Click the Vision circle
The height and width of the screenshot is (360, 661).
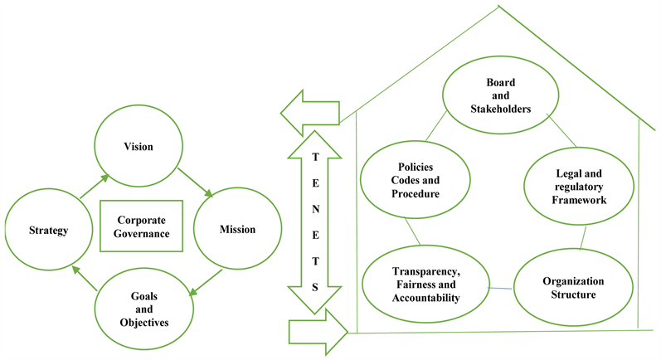pos(143,147)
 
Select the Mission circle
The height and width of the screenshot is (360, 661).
pos(237,229)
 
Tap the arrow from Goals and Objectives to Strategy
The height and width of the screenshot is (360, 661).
pos(85,278)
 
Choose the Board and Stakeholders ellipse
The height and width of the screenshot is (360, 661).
pos(497,99)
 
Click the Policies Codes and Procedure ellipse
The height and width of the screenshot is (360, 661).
pos(416,180)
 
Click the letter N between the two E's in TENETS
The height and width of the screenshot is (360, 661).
pos(313,209)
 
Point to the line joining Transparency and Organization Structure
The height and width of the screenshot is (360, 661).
pos(499,289)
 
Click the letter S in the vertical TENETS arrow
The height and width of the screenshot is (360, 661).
pos(313,285)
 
